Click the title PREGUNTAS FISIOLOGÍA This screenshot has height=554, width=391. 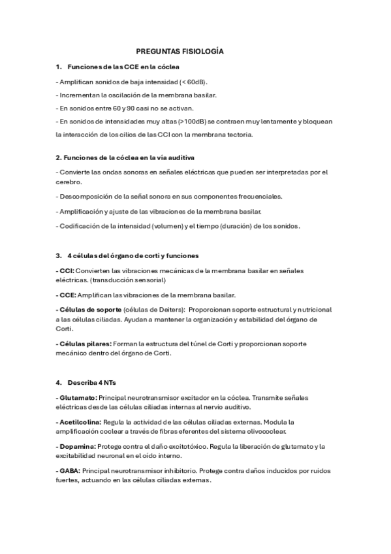pos(180,50)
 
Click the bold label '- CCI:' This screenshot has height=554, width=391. pos(65,269)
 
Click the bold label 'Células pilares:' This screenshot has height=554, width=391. pos(86,343)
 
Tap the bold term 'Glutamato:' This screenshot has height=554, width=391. pos(78,397)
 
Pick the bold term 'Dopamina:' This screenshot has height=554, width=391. pos(78,446)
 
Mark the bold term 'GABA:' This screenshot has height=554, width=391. pos(70,470)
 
